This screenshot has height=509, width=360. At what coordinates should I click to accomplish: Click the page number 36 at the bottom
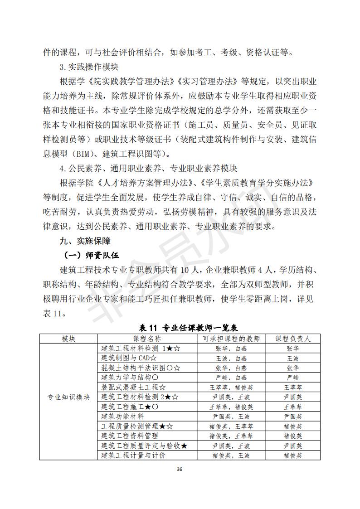pyautogui.click(x=180, y=469)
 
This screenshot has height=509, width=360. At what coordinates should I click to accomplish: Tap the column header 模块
pyautogui.click(x=68, y=338)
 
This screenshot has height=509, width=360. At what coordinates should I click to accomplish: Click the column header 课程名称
pyautogui.click(x=146, y=338)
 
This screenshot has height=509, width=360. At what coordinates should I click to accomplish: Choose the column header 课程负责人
pyautogui.click(x=292, y=338)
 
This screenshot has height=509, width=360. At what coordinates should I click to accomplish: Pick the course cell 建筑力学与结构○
pyautogui.click(x=130, y=378)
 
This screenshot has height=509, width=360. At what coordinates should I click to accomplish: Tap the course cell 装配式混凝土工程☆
pyautogui.click(x=133, y=387)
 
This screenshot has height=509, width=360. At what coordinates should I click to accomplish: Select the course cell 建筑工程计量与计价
pyautogui.click(x=133, y=455)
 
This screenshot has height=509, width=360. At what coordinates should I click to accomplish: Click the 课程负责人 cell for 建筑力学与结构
pyautogui.click(x=292, y=378)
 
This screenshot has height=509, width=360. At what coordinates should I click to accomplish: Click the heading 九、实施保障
pyautogui.click(x=84, y=240)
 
